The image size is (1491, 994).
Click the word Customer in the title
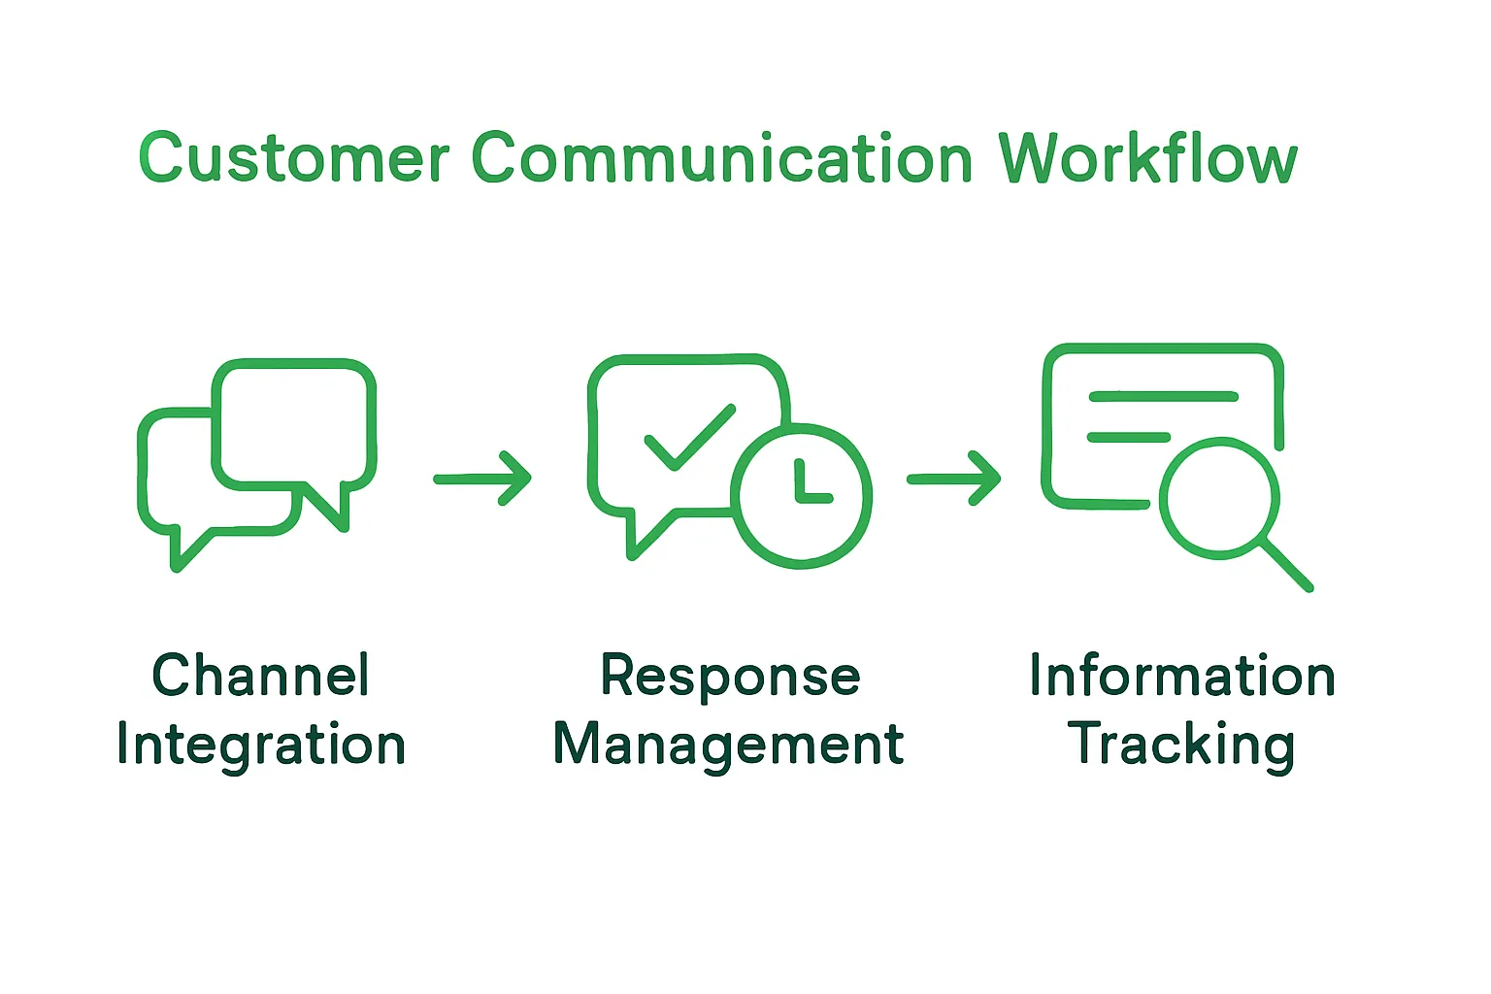293,158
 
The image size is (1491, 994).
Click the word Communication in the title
722,158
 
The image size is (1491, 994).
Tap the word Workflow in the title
1148,158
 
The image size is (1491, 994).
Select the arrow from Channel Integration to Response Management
482,478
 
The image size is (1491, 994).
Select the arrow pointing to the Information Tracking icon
954,478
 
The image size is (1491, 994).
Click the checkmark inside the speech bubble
689,437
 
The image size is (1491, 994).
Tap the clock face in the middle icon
801,495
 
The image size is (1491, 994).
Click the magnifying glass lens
1219,499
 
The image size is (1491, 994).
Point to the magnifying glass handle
1286,565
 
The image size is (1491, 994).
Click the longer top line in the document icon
1163,396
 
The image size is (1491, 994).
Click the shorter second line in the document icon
1128,437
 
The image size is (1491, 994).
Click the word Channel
260,676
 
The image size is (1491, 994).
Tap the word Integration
260,745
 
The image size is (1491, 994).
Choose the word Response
730,676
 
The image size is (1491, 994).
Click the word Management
728,745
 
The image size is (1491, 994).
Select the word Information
1181,676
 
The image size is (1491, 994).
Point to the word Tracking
1181,745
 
